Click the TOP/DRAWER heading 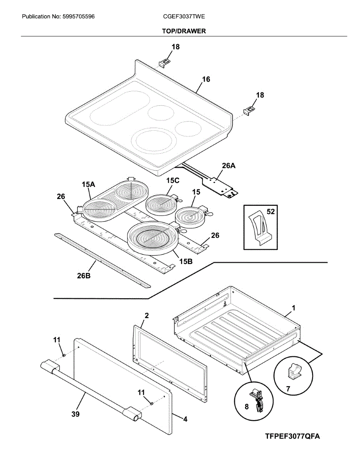184,31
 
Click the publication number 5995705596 79,17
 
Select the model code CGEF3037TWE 184,17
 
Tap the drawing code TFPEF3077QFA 292,437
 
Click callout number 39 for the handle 76,414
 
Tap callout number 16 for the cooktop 206,79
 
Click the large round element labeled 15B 153,239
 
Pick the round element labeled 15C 161,205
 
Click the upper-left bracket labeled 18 165,62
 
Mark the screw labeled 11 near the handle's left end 64,355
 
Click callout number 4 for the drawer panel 185,419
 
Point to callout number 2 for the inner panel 146,315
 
